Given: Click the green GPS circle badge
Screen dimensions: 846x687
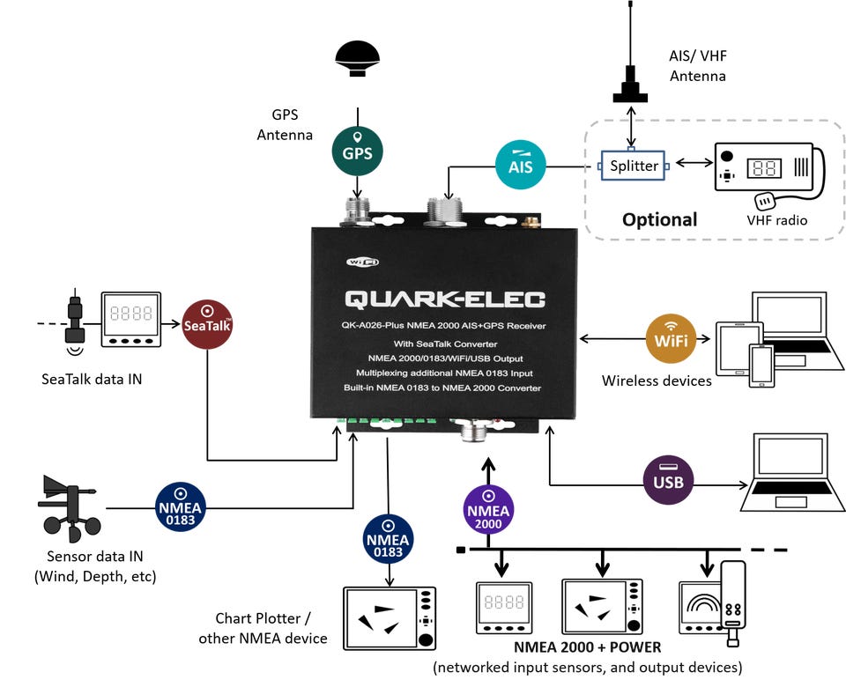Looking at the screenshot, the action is [357, 151].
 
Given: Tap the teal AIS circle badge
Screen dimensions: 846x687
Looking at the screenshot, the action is [521, 165].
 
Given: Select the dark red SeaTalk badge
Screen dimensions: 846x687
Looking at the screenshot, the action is [207, 324].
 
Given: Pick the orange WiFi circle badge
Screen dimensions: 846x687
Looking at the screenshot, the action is [671, 339].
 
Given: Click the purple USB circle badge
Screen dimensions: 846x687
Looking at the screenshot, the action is [669, 480].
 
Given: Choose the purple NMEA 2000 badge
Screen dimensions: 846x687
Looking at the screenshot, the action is [488, 510].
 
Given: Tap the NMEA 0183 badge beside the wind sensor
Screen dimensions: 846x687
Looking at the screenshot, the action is [180, 507].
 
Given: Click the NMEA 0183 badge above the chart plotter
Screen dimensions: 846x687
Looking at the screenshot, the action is [388, 539].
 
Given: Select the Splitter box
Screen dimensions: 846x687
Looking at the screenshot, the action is [634, 165].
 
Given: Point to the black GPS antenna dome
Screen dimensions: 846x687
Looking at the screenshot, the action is [357, 58].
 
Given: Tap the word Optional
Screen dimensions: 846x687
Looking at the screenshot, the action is [659, 219].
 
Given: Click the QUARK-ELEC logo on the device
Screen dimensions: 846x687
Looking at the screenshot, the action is [445, 299].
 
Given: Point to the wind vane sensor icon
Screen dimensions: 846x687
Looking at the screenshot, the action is [69, 508].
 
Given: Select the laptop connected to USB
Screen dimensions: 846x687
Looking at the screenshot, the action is [792, 472].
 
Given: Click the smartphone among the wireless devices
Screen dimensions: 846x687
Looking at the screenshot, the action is [761, 366].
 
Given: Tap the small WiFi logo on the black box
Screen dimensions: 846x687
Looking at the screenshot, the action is [362, 262].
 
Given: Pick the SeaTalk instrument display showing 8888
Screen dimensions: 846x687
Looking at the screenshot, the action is [131, 319].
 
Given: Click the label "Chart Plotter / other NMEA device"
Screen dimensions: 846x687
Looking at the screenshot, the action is [263, 628].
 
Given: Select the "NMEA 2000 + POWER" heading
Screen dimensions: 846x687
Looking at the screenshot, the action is [588, 647].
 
